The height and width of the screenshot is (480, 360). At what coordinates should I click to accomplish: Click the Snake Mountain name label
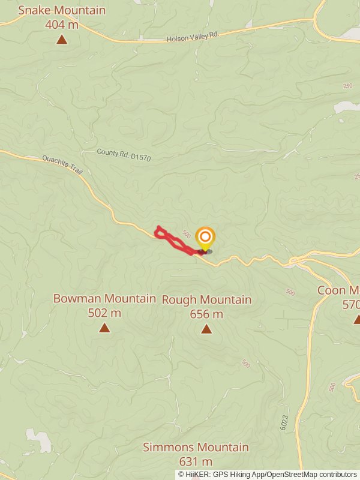point(62,10)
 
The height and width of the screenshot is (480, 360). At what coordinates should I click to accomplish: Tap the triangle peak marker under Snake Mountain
point(62,40)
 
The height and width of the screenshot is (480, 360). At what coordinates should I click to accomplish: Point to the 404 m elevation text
point(62,25)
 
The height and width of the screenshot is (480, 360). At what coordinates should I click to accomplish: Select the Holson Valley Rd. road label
point(192,37)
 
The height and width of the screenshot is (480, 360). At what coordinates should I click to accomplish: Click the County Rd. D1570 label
point(124,155)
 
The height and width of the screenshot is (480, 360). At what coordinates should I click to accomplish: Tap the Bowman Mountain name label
point(104,298)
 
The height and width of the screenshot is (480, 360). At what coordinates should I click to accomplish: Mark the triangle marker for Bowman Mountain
point(104,328)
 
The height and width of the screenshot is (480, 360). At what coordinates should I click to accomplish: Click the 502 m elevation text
point(104,313)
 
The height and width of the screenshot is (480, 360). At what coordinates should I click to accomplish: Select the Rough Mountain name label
point(206,299)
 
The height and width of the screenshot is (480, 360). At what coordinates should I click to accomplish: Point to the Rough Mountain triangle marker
point(206,329)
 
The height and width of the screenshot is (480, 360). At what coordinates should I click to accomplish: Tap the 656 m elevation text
point(206,314)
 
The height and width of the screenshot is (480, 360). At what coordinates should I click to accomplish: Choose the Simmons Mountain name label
point(196,447)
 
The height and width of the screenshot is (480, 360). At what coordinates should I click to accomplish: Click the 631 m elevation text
point(196,461)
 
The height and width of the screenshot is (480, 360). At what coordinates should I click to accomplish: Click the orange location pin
point(205,237)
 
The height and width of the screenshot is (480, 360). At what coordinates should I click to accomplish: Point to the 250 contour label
point(347,86)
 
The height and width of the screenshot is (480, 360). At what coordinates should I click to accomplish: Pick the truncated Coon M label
point(338,290)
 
